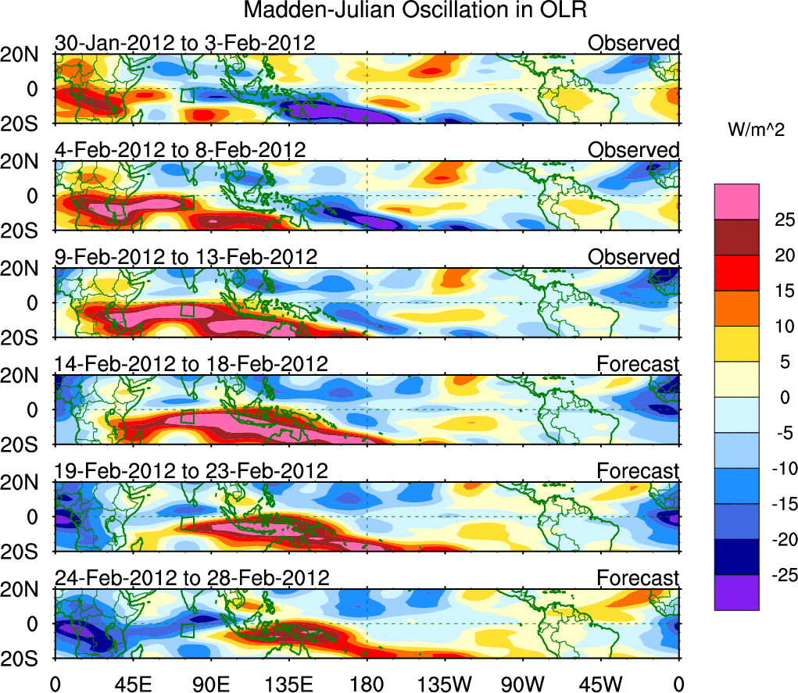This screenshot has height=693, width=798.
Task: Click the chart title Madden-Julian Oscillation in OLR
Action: pos(415,11)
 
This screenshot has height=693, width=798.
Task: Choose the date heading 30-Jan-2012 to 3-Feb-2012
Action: pos(185,43)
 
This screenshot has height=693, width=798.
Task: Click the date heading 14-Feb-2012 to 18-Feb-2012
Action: pos(191,363)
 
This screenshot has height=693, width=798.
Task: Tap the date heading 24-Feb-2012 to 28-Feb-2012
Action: pos(191,578)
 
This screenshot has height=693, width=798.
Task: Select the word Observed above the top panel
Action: pos(634,43)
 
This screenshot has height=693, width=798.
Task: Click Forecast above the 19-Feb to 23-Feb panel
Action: pos(639,471)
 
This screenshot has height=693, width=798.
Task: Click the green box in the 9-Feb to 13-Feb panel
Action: pos(187,309)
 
